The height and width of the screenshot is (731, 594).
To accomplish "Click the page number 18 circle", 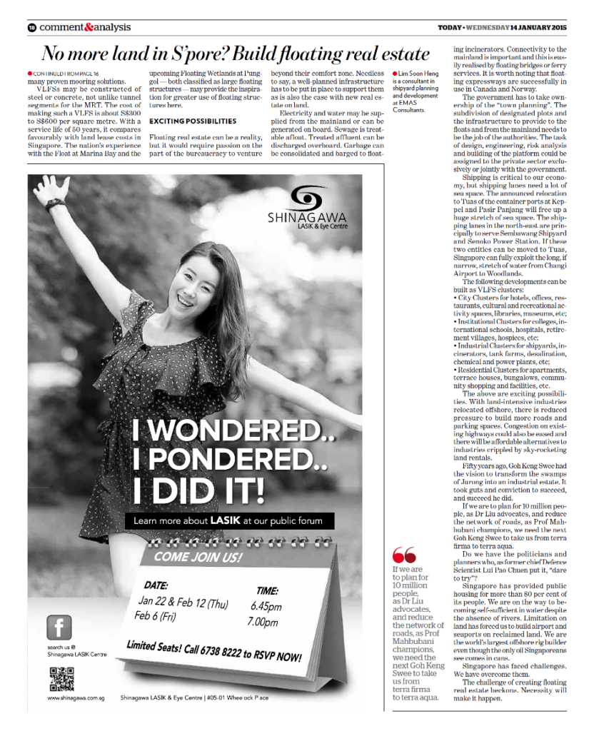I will coord(31,28).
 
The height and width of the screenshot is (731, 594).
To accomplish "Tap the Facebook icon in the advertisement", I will coord(60,627).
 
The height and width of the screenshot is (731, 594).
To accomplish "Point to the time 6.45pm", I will coord(266,607).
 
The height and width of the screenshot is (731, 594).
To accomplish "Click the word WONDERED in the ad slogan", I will coord(223,431).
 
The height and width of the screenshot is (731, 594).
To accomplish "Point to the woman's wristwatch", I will coord(54,204).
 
